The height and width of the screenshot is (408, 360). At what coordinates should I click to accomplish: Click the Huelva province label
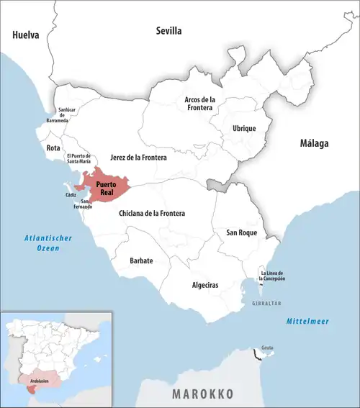pyautogui.click(x=25, y=34)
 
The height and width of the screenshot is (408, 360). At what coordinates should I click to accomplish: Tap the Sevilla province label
pyautogui.click(x=169, y=31)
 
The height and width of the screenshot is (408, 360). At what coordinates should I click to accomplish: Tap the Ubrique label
pyautogui.click(x=244, y=128)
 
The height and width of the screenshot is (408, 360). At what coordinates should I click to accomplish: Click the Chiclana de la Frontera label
pyautogui.click(x=152, y=214)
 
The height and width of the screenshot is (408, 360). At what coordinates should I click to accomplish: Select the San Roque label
pyautogui.click(x=242, y=232)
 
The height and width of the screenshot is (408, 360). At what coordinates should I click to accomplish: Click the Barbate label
pyautogui.click(x=140, y=260)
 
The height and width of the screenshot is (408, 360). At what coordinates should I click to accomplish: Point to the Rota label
pyautogui.click(x=53, y=148)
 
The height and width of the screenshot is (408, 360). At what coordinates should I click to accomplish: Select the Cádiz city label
pyautogui.click(x=71, y=195)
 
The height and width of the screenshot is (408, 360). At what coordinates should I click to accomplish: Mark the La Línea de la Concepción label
pyautogui.click(x=273, y=275)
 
